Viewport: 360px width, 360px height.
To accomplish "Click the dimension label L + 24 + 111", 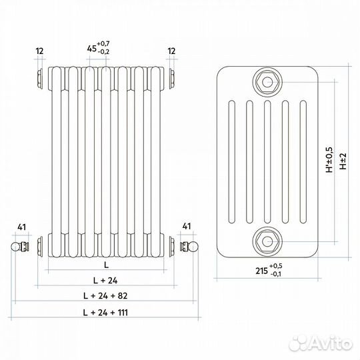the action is pos(105,313).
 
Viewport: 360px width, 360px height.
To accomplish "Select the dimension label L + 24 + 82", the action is pos(105,296).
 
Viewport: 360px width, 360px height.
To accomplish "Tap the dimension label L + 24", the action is pos(105,280).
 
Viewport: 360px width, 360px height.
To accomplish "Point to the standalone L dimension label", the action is pos(106,265).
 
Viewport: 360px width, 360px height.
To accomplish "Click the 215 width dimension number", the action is pos(262,271).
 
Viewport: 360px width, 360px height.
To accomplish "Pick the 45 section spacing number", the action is pos(91,49).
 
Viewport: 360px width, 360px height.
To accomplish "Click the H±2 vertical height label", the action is pos(343,161).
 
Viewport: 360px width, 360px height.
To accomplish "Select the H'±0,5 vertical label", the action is pos(329,160).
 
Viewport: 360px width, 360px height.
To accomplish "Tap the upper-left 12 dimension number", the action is pos(40,51).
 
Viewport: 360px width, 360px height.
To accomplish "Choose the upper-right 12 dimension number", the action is pos(171,51).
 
